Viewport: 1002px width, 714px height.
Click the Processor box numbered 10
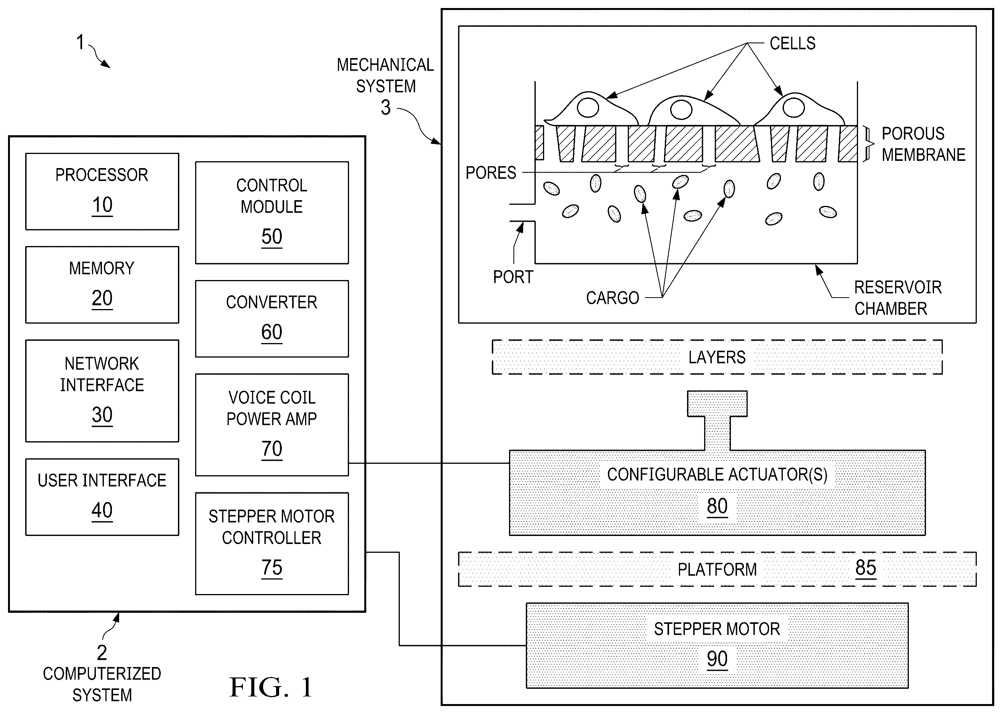pos(102,191)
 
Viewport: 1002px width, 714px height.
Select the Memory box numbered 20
pos(102,285)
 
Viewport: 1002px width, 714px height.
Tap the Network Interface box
pos(102,390)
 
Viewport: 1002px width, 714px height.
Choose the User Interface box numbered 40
pos(102,497)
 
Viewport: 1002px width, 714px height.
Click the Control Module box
pos(272,212)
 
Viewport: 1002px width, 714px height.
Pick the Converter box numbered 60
pos(272,318)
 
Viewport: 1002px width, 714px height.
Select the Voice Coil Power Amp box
pos(272,425)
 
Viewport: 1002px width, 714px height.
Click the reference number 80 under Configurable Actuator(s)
pos(717,506)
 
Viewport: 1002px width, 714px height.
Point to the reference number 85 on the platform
pos(865,568)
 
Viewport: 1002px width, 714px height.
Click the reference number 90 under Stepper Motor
pos(717,659)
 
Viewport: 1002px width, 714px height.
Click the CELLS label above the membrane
pos(792,43)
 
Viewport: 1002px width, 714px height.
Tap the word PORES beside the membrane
pos(491,173)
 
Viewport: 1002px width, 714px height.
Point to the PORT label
pos(513,277)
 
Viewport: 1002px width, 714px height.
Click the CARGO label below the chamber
pos(613,298)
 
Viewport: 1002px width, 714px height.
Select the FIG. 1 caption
pos(271,687)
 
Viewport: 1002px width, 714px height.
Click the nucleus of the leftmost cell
pos(588,107)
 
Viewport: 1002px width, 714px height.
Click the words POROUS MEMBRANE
pos(923,144)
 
